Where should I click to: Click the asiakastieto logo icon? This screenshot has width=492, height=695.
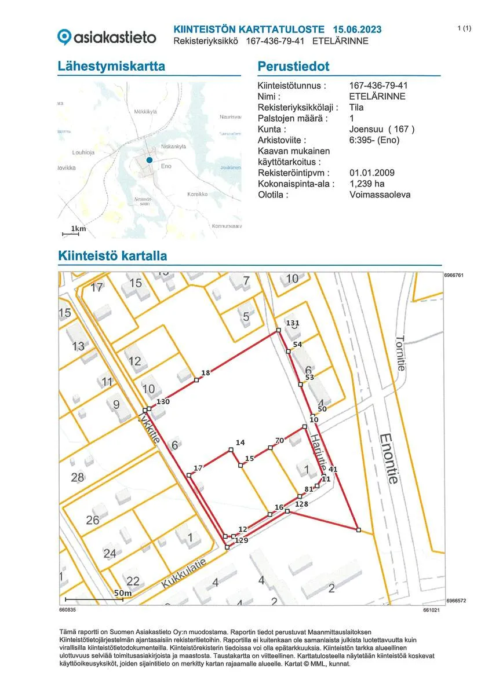pyautogui.click(x=64, y=37)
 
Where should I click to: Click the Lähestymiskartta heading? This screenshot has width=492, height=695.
pyautogui.click(x=111, y=67)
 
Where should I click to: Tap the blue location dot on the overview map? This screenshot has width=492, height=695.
pyautogui.click(x=149, y=159)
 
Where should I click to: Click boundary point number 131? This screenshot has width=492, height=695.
pyautogui.click(x=293, y=323)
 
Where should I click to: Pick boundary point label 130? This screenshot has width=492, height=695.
pyautogui.click(x=162, y=401)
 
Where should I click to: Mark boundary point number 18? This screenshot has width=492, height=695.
pyautogui.click(x=205, y=372)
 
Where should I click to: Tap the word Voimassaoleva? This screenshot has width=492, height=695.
pyautogui.click(x=380, y=195)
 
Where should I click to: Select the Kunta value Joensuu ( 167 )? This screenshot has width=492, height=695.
pyautogui.click(x=382, y=129)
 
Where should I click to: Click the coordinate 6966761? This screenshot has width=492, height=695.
pyautogui.click(x=454, y=275)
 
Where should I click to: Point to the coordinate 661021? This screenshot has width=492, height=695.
pyautogui.click(x=431, y=610)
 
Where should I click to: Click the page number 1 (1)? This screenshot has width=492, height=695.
pyautogui.click(x=464, y=28)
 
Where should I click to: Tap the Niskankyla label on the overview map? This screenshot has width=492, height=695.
pyautogui.click(x=173, y=147)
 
